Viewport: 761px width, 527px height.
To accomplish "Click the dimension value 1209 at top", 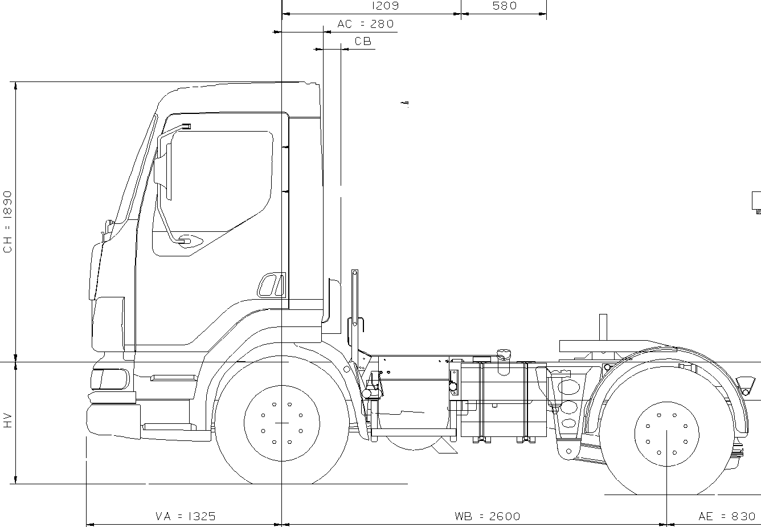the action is tap(385, 6).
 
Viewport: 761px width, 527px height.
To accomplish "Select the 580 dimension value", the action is tap(505, 6).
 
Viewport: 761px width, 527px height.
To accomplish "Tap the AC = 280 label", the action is tap(366, 24).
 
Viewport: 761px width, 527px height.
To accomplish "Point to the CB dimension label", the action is tap(363, 41).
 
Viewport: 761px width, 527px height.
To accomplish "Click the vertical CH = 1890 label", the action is tap(7, 222).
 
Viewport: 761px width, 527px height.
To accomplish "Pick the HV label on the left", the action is tap(7, 420).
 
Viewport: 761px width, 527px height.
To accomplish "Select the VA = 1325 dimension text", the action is tap(186, 517).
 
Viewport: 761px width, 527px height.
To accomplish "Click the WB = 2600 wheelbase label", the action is tap(487, 517).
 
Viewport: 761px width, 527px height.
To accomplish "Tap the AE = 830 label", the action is tap(727, 517).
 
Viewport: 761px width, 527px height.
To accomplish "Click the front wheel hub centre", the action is tap(281, 423).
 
